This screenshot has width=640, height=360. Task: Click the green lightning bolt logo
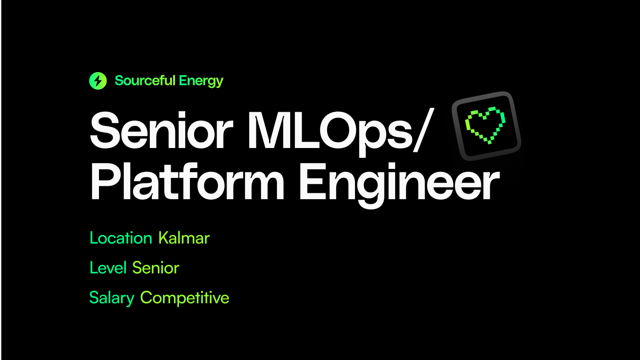click(98, 81)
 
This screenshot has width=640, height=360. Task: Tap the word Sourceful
click(145, 81)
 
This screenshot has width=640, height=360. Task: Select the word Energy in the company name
click(201, 81)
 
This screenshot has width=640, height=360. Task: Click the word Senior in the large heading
click(161, 131)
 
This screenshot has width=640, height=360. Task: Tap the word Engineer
click(399, 183)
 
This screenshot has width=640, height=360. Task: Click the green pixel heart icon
click(486, 125)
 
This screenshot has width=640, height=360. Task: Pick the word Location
click(121, 238)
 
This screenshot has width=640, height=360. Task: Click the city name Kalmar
click(184, 238)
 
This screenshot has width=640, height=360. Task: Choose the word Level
click(108, 268)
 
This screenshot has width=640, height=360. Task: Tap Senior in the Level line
click(156, 268)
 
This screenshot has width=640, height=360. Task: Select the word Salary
click(112, 298)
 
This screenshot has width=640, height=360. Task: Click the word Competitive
click(185, 298)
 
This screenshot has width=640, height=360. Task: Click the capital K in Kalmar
click(163, 238)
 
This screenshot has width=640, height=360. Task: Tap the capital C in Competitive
click(147, 298)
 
